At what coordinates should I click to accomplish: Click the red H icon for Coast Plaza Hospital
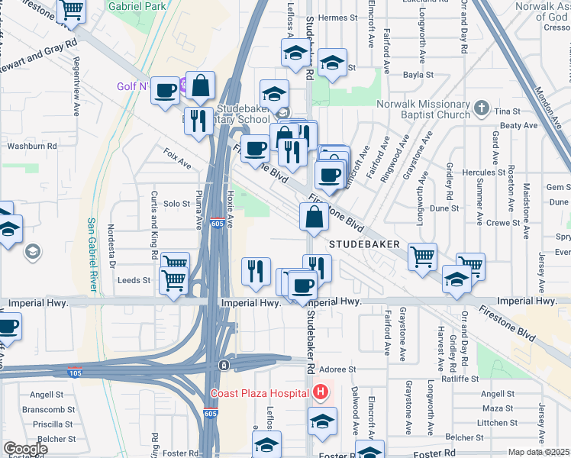pos(321,393)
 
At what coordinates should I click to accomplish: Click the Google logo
pos(24,449)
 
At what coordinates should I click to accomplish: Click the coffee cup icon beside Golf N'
pos(164,92)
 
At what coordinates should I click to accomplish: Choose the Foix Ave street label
pos(177,158)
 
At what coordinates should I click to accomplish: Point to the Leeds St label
pos(134,280)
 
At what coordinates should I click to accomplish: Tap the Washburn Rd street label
pos(32,145)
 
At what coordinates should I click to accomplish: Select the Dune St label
pos(444,208)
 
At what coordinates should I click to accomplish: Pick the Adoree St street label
pos(343,369)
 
